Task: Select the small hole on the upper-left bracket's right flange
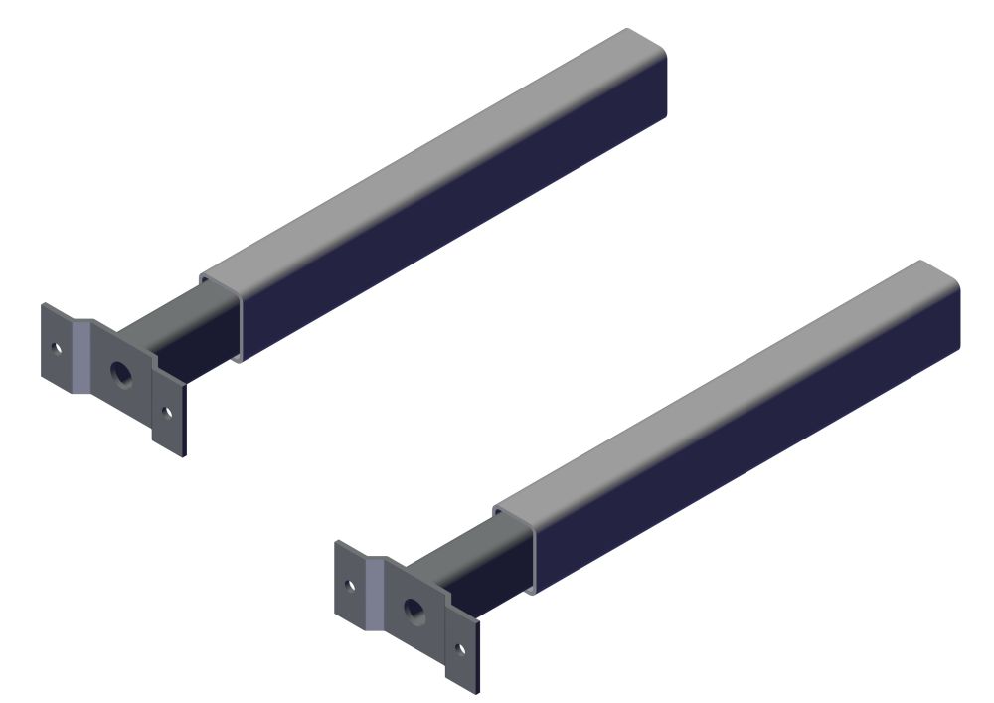pyautogui.click(x=167, y=411)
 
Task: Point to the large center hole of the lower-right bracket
pyautogui.click(x=414, y=608)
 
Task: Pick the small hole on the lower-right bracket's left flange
pyautogui.click(x=349, y=585)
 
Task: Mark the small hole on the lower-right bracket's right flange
pyautogui.click(x=460, y=648)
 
